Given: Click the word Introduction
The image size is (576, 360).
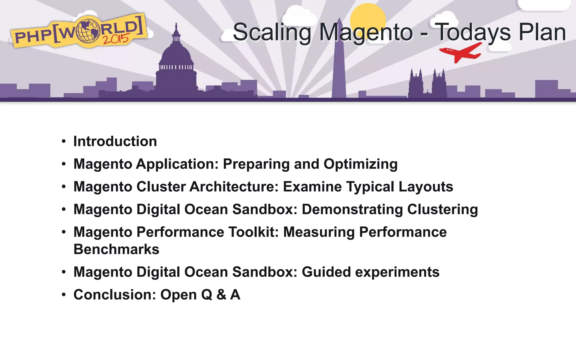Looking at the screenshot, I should pyautogui.click(x=115, y=141).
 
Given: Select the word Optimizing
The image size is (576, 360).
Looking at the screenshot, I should pyautogui.click(x=361, y=164).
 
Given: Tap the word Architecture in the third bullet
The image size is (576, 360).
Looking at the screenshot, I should pyautogui.click(x=234, y=187).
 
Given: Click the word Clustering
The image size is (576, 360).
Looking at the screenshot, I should pyautogui.click(x=442, y=210).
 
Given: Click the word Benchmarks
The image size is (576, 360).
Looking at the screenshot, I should pyautogui.click(x=116, y=249).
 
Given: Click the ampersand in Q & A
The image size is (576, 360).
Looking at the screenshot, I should pyautogui.click(x=221, y=295).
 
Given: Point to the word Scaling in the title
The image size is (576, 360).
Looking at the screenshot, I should pyautogui.click(x=272, y=33).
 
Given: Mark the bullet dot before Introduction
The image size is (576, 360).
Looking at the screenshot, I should pyautogui.click(x=64, y=141).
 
